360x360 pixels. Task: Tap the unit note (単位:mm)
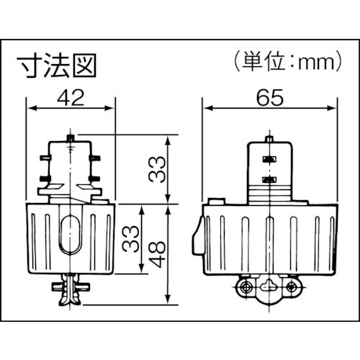point(286,63)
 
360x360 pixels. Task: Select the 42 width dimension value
point(71,96)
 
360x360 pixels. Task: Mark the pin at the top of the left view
point(70,136)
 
